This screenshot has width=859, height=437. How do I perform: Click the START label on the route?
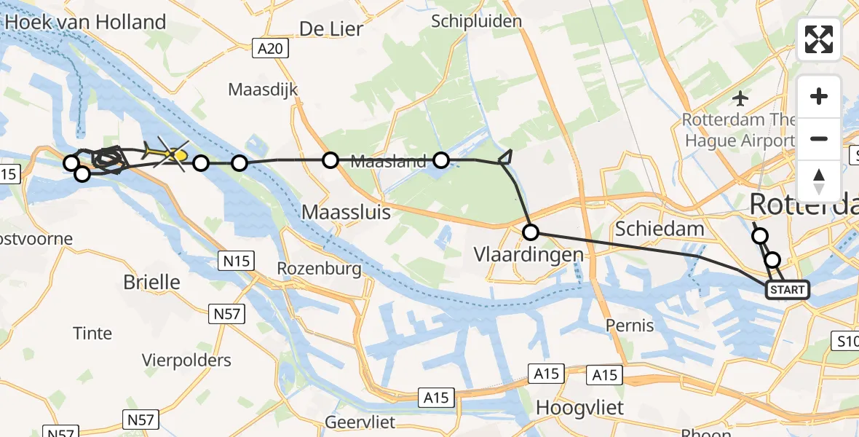click(787, 290)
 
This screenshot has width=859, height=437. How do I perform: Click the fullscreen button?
click(819, 39)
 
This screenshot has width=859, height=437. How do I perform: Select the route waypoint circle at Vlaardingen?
click(531, 232)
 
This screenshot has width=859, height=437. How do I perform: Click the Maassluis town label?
click(346, 213)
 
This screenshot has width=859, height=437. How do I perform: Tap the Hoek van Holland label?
click(86, 22)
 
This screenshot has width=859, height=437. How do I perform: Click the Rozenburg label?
click(319, 269)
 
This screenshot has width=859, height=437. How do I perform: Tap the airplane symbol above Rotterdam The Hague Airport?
click(741, 98)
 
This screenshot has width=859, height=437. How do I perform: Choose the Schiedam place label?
click(660, 229)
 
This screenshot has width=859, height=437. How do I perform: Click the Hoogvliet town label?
click(579, 408)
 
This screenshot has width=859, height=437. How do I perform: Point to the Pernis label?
click(631, 325)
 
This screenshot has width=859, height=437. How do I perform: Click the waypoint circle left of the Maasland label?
click(330, 160)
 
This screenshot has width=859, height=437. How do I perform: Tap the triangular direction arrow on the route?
click(506, 158)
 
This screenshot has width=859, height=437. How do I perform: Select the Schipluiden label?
click(476, 20)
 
